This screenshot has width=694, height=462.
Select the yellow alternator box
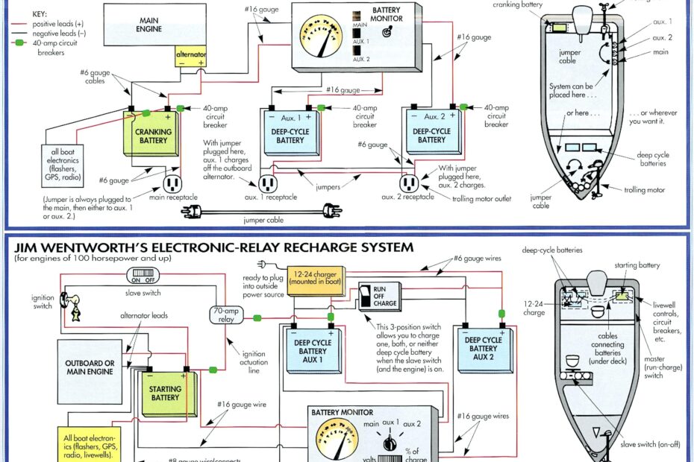tap(191, 59)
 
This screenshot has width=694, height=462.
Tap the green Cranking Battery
tap(152, 136)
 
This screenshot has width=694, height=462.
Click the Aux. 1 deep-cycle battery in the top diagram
tap(290, 133)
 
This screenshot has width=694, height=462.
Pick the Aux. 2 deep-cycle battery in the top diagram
tap(431, 133)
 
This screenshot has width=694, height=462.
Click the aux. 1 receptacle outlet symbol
tap(267, 183)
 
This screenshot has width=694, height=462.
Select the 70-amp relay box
tap(226, 314)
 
